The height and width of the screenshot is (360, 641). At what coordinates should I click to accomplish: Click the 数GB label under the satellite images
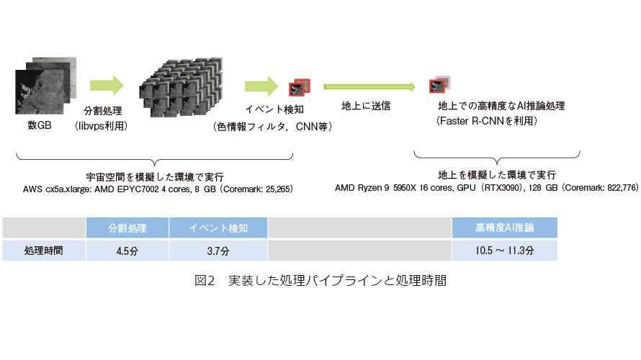pos(39,125)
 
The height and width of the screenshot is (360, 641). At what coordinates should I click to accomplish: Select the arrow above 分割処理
pos(107,86)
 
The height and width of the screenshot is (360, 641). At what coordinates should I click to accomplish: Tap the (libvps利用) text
pos(101,126)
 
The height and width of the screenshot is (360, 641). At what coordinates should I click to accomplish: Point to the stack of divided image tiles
pos(181,87)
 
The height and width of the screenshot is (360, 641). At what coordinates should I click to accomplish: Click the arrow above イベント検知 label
pos(261,86)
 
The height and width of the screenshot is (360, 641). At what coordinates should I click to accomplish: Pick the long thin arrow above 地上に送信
pos(369,86)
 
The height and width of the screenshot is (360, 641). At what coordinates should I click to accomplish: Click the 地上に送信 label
pos(366,106)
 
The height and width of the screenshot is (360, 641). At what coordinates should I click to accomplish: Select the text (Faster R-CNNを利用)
pos(486,121)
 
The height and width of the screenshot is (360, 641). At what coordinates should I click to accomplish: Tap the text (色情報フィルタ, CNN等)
pos(272,127)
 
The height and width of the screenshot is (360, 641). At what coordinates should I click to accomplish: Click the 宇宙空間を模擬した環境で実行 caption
pos(155,177)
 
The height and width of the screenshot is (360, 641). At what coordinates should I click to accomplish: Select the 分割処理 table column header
pos(127,228)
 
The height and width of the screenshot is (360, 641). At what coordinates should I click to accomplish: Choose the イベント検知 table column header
pos(218,228)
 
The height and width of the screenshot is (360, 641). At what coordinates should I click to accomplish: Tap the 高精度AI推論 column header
pos(504,228)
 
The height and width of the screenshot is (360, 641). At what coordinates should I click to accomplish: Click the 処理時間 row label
pos(44,251)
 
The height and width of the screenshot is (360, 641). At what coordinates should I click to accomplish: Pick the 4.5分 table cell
pos(127,251)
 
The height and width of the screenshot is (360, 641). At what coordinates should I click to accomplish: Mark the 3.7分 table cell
pos(218,251)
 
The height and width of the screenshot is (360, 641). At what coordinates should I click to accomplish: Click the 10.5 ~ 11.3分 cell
pos(504,251)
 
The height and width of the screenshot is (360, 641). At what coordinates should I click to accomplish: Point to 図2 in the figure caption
pos(205,280)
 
